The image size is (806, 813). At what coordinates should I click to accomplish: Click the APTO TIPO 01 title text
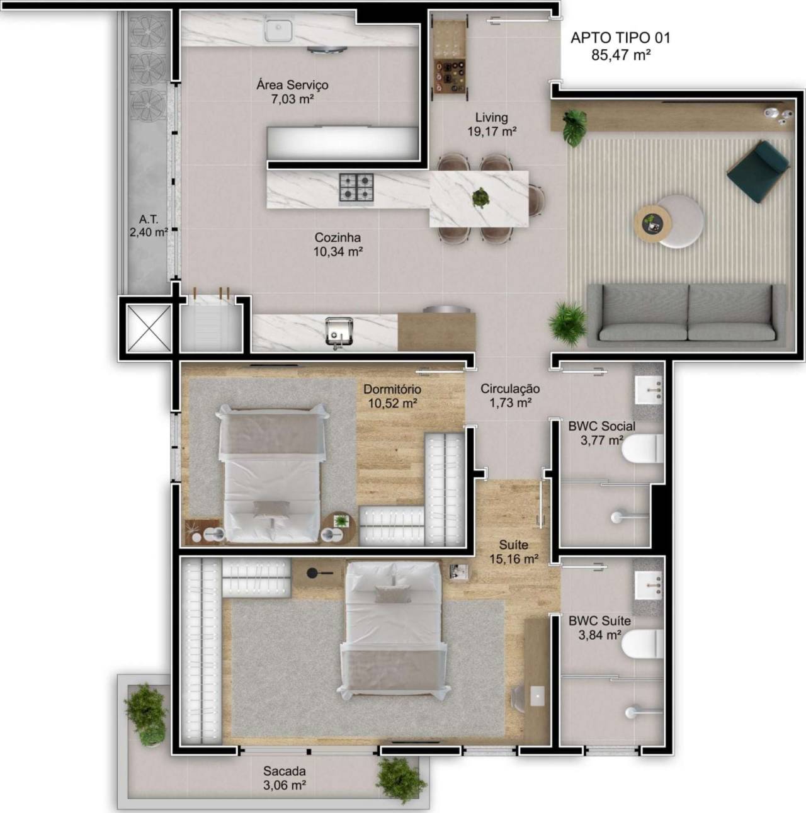[620, 38]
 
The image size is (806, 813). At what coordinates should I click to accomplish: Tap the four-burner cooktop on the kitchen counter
[356, 187]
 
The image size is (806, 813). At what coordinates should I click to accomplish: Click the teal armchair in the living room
[758, 173]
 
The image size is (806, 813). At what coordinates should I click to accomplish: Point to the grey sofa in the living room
[686, 316]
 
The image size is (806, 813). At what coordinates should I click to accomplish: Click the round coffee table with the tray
[652, 224]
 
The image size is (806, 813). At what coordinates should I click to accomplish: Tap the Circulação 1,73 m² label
[510, 395]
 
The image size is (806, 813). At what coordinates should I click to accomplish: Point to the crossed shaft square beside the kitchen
[149, 328]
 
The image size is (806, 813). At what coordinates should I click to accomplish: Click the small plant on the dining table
[480, 198]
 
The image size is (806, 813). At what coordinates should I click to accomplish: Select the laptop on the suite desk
[537, 696]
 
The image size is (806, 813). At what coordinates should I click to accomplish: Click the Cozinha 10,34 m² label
[338, 244]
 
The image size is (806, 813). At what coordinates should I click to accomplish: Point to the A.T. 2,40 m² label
[149, 225]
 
